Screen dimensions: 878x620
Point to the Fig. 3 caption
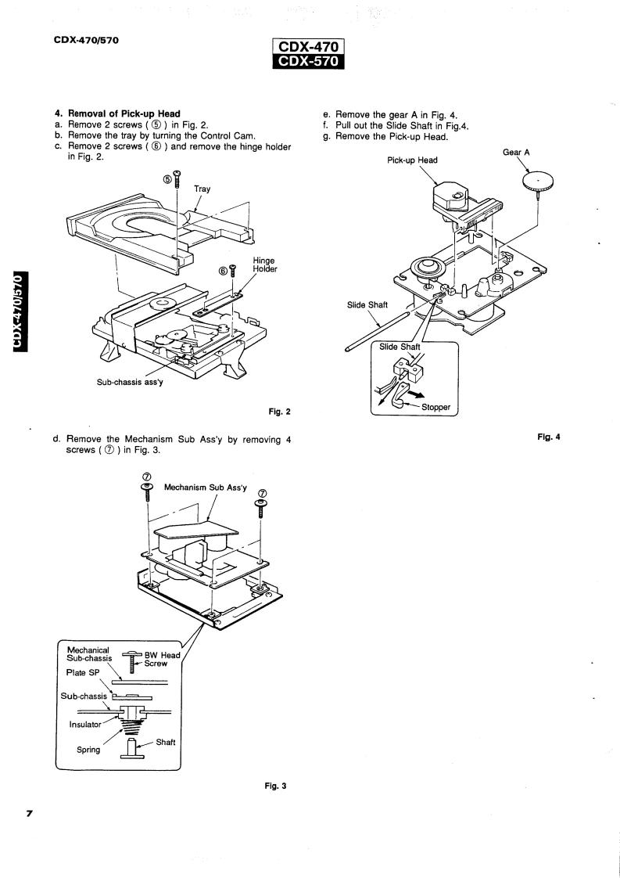tap(278, 786)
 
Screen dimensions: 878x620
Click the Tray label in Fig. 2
tap(202, 188)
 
